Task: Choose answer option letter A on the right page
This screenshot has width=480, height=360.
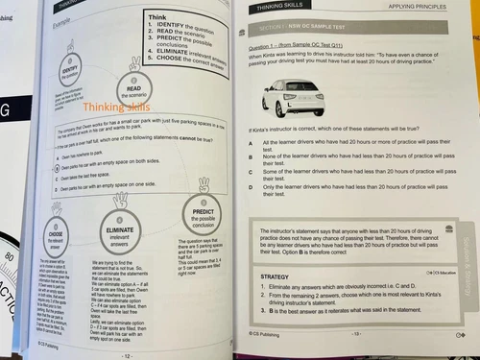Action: point(250,143)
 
